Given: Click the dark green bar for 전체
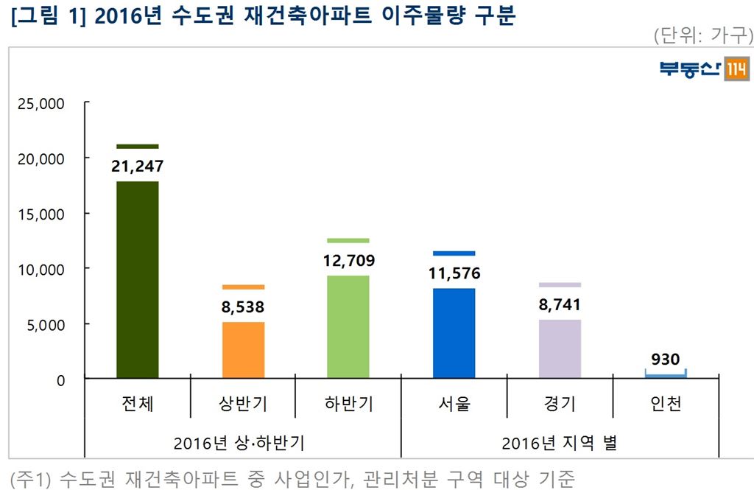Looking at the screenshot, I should [x=138, y=280].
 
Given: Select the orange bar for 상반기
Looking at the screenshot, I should [x=243, y=350].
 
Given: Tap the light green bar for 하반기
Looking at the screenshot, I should [x=348, y=326].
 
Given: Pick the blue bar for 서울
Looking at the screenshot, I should [x=454, y=333].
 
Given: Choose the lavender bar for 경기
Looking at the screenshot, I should [x=560, y=349].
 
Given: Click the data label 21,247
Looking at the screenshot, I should [x=138, y=167].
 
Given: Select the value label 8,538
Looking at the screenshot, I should [x=243, y=307].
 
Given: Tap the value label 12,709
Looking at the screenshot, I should [x=348, y=260].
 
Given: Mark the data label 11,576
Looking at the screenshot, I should [x=454, y=273].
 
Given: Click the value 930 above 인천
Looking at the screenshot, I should [x=666, y=360].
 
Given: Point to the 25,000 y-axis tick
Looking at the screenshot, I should [x=41, y=103].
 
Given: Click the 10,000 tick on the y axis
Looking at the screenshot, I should [x=41, y=269].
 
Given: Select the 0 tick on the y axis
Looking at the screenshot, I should [x=61, y=379].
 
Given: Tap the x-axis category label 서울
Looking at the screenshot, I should [x=454, y=404].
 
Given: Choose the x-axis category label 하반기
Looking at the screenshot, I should [x=348, y=404].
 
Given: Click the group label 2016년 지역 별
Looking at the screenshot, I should [x=560, y=444].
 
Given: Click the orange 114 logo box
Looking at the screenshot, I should [x=737, y=69].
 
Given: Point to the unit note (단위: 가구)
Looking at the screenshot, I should [x=702, y=35].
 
